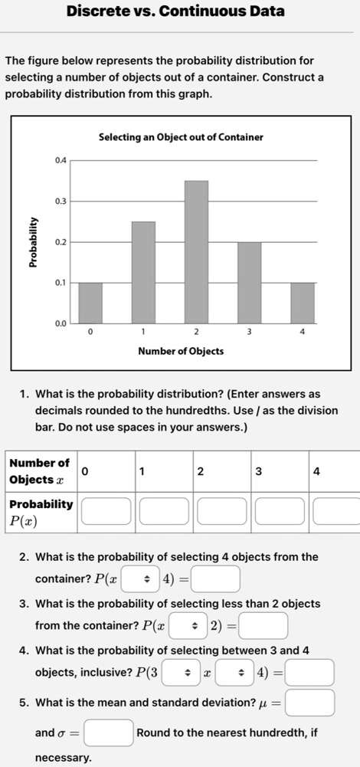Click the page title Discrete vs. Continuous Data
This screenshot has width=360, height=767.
tap(175, 11)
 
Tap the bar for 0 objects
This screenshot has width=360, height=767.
tap(90, 303)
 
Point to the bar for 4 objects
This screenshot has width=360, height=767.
tap(302, 303)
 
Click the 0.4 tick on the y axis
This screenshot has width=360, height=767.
tap(61, 160)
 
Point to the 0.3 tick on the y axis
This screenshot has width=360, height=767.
tap(61, 201)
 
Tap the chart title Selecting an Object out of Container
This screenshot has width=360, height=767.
tap(181, 137)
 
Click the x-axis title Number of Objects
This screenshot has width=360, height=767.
tap(181, 351)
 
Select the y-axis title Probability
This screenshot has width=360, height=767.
tap(33, 241)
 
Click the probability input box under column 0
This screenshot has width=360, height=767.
tap(106, 510)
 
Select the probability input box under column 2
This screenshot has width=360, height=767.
tap(221, 510)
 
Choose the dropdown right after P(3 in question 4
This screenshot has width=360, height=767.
tap(188, 671)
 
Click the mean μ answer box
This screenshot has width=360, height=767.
tap(310, 702)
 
